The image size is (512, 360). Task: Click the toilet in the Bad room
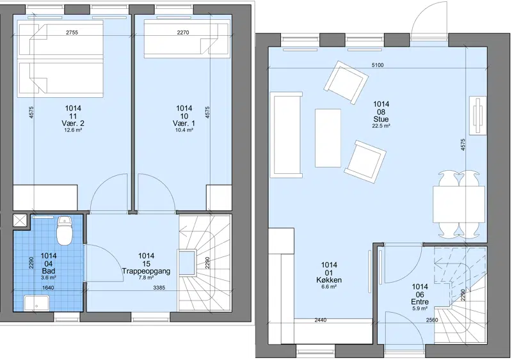click(65, 231)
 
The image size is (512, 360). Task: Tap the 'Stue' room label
click(381, 119)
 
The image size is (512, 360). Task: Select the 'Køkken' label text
click(329, 279)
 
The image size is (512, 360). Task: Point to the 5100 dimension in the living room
click(378, 65)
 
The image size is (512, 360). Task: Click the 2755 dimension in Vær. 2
click(72, 33)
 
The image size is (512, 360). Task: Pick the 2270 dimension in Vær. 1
click(183, 33)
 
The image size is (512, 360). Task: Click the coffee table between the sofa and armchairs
click(328, 138)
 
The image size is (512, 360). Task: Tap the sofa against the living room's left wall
click(287, 135)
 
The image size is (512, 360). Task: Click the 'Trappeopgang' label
click(146, 271)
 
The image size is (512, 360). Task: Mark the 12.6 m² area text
click(73, 130)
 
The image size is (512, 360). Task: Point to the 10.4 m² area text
click(184, 130)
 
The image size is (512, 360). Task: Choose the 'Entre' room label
click(420, 302)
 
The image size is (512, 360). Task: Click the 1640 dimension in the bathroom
click(49, 288)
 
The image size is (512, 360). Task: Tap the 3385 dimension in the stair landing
click(159, 288)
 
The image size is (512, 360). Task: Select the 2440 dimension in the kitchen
click(321, 320)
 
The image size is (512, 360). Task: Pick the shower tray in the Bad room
click(36, 303)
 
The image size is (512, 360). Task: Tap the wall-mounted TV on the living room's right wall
click(477, 115)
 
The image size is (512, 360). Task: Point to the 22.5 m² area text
click(381, 126)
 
